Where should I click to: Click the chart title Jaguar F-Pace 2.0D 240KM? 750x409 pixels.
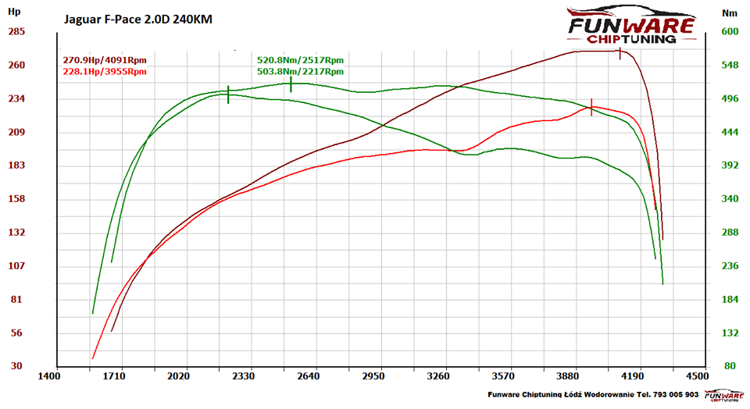tap(137, 18)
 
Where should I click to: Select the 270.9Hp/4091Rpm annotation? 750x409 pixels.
tap(104, 60)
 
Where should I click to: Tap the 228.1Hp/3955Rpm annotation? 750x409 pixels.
tap(104, 72)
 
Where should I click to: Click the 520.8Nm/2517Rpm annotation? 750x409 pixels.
tap(300, 60)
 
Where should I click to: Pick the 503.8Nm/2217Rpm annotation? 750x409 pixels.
tap(300, 72)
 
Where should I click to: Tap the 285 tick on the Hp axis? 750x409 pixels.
tap(16, 32)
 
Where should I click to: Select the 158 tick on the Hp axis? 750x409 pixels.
tap(16, 199)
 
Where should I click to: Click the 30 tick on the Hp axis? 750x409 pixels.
tap(16, 366)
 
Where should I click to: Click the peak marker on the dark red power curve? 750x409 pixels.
tap(620, 53)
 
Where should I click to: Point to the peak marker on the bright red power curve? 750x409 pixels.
tap(591, 108)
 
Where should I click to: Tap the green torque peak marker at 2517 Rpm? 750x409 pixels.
tap(291, 84)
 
